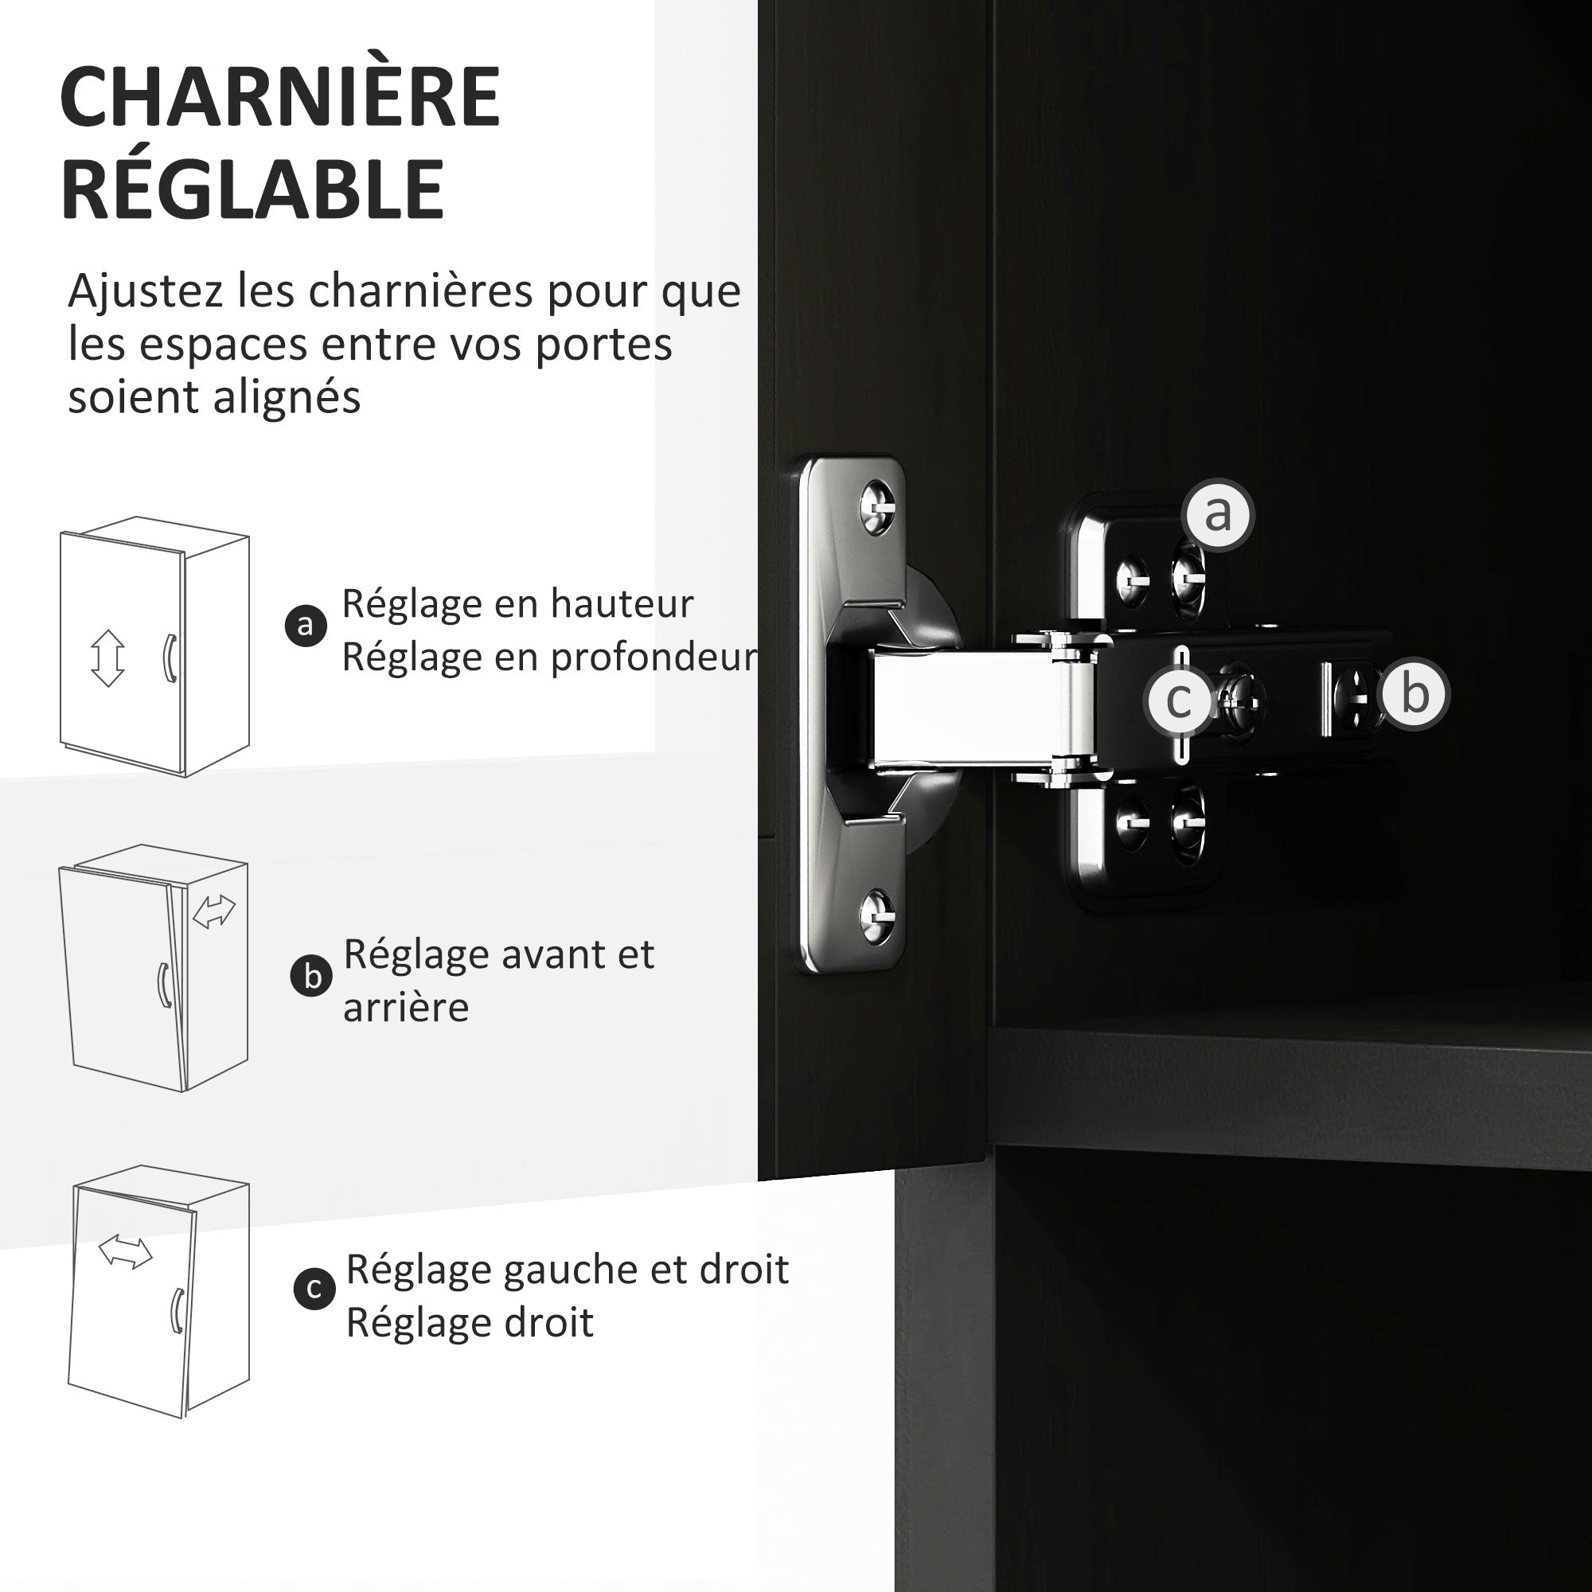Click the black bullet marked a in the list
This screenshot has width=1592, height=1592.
tap(306, 626)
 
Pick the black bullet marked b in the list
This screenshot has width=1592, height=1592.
tap(312, 977)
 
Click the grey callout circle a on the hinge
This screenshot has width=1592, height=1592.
tap(1217, 514)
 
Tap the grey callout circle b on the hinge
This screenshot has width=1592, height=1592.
tap(1414, 694)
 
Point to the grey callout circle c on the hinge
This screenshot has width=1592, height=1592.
tap(1180, 701)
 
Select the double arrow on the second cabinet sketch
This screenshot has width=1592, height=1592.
tap(214, 911)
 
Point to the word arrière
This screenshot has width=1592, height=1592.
tap(406, 1008)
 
